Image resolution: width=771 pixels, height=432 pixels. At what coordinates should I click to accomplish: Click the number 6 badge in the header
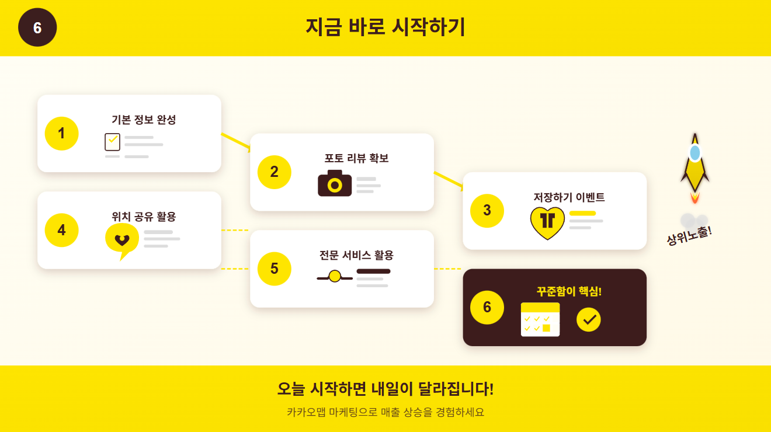pos(37,27)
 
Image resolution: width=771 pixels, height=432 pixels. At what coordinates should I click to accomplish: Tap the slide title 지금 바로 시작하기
pos(385,27)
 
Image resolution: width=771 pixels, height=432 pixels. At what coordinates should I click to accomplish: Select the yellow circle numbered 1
pos(61,134)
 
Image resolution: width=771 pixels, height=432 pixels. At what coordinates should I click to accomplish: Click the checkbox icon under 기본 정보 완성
pos(112,142)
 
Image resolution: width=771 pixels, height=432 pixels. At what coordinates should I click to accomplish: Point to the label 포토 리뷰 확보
pos(356,158)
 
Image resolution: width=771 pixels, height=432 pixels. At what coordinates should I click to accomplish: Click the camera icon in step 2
pos(335,183)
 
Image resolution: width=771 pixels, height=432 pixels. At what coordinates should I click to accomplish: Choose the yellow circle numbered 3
pos(487,210)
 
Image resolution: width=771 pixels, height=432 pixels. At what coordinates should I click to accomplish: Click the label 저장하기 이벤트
pos(569,197)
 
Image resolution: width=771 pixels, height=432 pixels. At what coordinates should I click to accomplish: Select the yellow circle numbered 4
pos(61,231)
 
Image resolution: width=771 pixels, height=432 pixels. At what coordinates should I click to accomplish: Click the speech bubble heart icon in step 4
pos(122,240)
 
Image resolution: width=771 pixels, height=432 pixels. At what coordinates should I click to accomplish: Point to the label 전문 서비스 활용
pos(356,255)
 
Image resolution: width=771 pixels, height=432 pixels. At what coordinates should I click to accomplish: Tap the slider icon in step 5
pos(335,276)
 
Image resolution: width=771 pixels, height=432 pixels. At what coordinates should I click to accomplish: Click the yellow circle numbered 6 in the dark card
pos(487,307)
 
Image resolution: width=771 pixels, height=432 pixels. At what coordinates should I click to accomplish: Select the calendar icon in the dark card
pos(540,319)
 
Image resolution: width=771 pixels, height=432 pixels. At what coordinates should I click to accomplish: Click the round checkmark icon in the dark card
pos(588,319)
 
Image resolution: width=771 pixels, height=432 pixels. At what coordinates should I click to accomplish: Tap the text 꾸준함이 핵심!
pos(569,291)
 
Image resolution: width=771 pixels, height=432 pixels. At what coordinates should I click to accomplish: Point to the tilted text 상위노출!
pos(689,235)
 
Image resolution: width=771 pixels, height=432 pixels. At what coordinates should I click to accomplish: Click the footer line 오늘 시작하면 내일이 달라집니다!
pos(385,389)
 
